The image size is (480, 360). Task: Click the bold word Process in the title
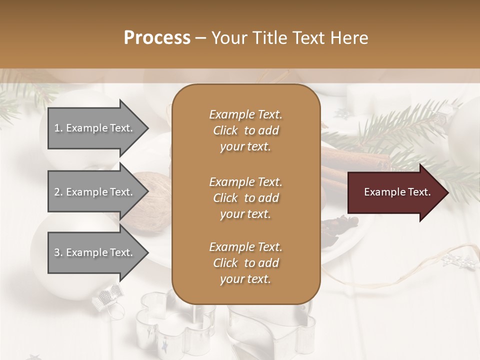157,38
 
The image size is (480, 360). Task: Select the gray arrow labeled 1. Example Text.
95,128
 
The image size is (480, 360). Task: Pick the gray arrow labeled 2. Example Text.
95,192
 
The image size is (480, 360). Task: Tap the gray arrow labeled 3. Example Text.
95,252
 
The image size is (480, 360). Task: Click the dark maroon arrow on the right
395,192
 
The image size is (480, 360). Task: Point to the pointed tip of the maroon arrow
446,192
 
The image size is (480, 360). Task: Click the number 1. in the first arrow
58,128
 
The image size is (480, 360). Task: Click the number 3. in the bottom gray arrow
58,252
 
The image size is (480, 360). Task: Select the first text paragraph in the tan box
245,130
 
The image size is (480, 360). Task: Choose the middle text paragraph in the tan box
245,197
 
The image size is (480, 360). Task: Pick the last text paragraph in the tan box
245,263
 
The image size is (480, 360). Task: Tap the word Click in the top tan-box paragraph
225,130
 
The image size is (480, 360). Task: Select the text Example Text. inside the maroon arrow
397,192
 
